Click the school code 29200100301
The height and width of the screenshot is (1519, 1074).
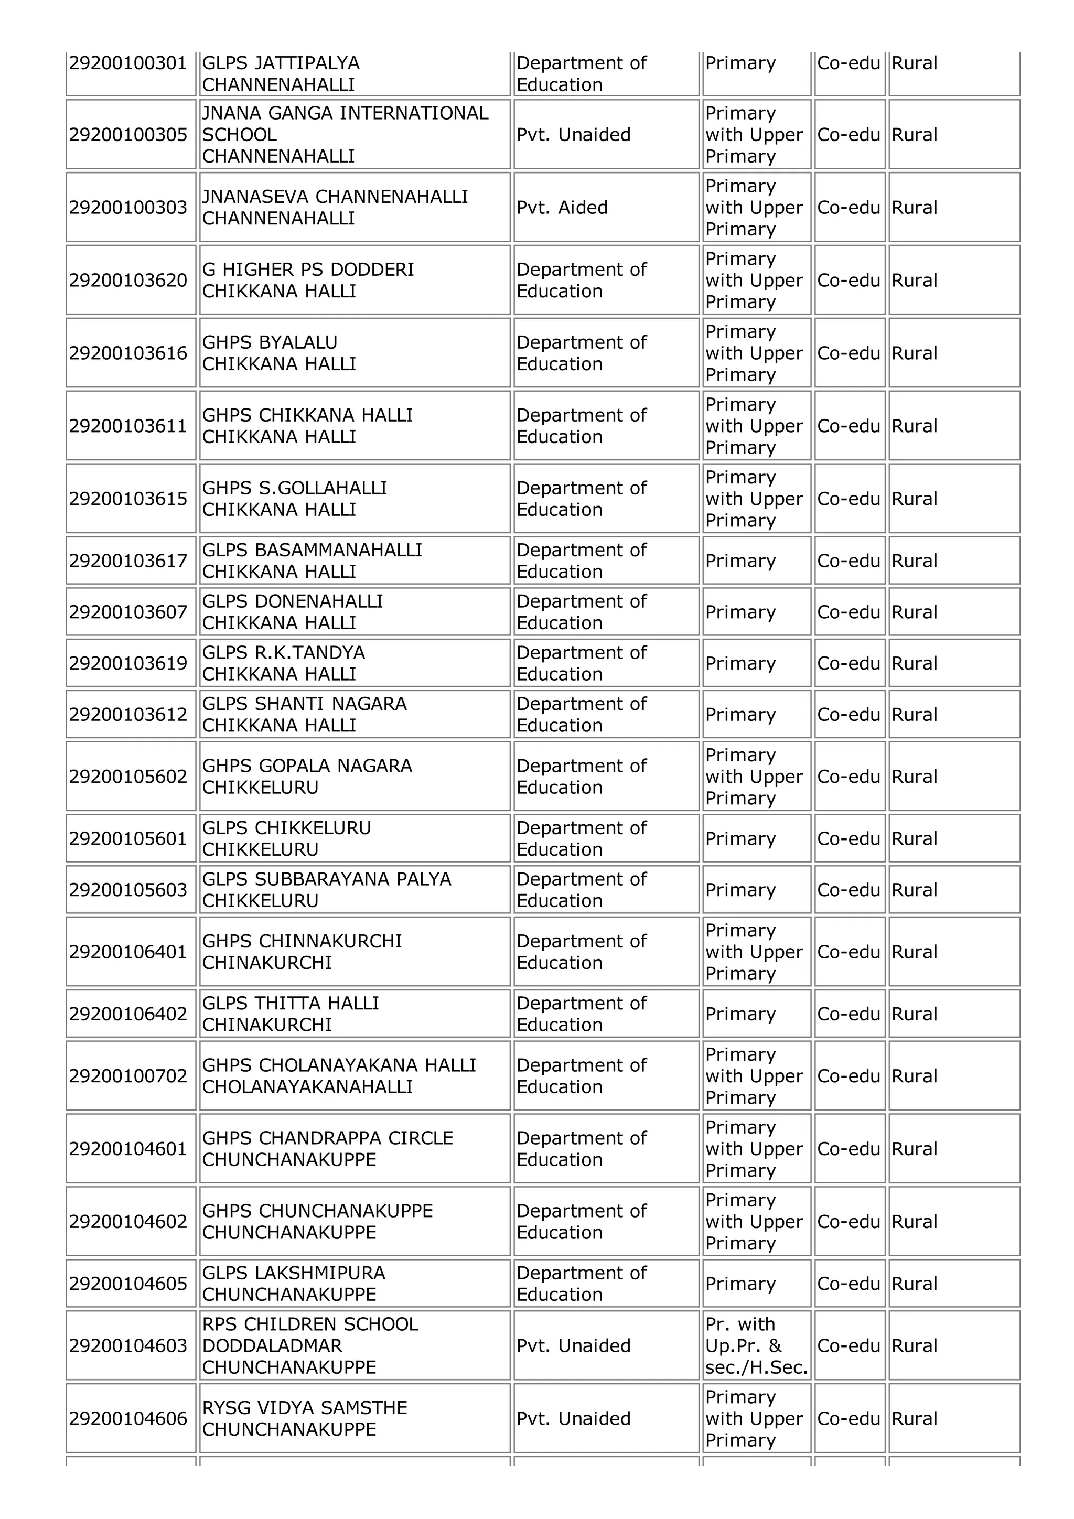(128, 63)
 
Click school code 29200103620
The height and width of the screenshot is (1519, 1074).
(128, 281)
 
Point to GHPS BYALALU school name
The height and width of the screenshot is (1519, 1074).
(270, 343)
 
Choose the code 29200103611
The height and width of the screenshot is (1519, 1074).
(128, 426)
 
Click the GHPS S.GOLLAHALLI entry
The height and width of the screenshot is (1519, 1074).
(295, 488)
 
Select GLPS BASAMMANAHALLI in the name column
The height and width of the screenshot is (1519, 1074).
(312, 551)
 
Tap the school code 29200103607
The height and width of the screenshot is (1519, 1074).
(128, 612)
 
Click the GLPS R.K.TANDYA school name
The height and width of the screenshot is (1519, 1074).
(283, 653)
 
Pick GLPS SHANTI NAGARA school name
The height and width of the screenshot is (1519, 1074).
(304, 704)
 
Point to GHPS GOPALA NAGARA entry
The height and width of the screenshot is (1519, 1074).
(307, 766)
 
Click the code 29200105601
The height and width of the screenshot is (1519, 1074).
(128, 839)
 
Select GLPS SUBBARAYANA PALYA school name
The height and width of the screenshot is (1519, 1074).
(326, 879)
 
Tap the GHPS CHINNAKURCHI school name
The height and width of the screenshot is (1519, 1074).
(302, 941)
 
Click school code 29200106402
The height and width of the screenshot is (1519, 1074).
(128, 1014)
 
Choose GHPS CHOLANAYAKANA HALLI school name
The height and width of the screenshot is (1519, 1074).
(339, 1066)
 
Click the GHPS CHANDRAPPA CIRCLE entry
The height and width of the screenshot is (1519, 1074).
(328, 1138)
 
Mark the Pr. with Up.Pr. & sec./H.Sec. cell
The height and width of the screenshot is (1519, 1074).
(756, 1346)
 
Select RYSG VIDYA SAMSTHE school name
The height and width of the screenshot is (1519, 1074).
(304, 1408)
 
